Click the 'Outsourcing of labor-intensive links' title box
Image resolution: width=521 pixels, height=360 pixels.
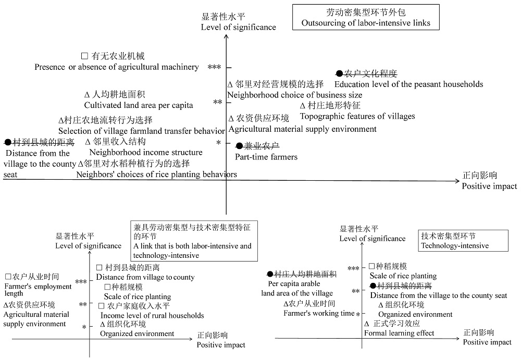pos(366,17)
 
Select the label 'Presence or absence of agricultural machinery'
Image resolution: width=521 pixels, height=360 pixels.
pos(117,67)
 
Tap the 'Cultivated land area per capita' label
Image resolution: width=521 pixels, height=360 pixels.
pos(139,105)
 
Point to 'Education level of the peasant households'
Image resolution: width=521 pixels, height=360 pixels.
pos(408,84)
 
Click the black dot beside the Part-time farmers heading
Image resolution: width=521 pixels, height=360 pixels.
pos(239,146)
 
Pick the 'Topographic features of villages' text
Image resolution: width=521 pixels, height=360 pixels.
pos(357,116)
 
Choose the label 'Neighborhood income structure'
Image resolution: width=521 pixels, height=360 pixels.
pos(146,152)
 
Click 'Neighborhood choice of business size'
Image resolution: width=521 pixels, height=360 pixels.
pos(295,95)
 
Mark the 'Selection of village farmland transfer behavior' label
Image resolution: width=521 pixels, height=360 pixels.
pos(142,131)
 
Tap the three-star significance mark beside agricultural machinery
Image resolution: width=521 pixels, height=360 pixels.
pos(214,67)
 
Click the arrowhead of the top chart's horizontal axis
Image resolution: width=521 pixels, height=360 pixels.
pos(457,181)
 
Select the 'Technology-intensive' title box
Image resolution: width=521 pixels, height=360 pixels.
pos(463,241)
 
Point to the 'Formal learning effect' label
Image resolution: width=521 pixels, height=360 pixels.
pos(399,333)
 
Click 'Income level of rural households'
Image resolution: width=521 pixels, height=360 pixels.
pos(152,316)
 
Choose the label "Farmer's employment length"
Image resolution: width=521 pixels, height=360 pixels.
pos(38,290)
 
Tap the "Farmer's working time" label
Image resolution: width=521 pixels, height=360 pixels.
pos(319,313)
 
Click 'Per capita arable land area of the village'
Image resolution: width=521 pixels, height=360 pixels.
pos(297,289)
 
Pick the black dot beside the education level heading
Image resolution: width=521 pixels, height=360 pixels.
pos(339,73)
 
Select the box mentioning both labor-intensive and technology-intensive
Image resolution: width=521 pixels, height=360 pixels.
pos(194,241)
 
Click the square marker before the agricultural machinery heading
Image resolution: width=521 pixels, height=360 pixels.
pos(85,56)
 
